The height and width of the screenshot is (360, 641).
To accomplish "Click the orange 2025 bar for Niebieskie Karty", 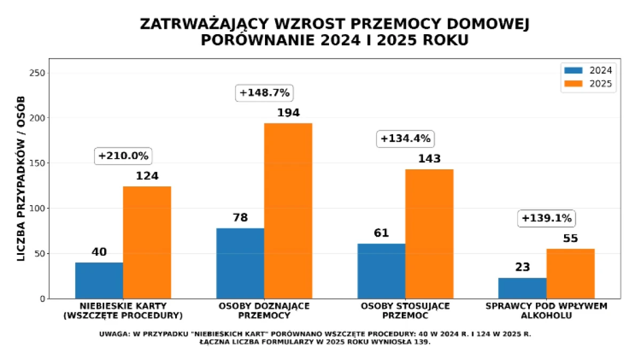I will tap(147, 242).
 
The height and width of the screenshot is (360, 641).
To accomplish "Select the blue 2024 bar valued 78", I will tap(240, 263).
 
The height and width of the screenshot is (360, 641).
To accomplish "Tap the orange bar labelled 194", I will tap(288, 210).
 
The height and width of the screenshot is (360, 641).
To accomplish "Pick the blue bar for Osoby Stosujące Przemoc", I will tap(381, 271).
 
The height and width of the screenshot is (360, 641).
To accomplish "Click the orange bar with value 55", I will tap(570, 273).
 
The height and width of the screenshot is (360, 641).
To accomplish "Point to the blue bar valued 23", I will tap(522, 288).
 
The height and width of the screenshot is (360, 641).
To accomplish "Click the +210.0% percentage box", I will tap(124, 156).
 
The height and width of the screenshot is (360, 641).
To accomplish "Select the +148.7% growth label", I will tap(264, 92).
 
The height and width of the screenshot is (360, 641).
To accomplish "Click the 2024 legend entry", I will tap(588, 70).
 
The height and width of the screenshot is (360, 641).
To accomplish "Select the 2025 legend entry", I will tap(588, 83).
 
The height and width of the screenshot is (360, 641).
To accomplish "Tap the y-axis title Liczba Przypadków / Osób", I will tap(21, 179).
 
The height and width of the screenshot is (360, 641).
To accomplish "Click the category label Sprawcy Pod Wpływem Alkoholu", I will tap(546, 311).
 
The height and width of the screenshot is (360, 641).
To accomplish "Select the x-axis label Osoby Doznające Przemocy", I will tap(264, 311).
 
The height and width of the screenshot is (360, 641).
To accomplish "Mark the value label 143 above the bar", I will tap(429, 159).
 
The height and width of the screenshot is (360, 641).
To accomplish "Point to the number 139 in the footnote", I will tap(420, 342).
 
